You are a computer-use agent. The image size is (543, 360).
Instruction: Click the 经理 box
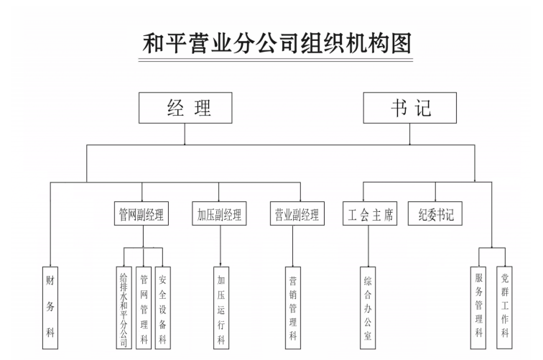pos(186,109)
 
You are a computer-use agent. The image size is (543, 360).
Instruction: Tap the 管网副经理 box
pos(141,214)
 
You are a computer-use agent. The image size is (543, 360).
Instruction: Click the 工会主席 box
pos(369,214)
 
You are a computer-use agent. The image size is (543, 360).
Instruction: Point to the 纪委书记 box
pos(437,214)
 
